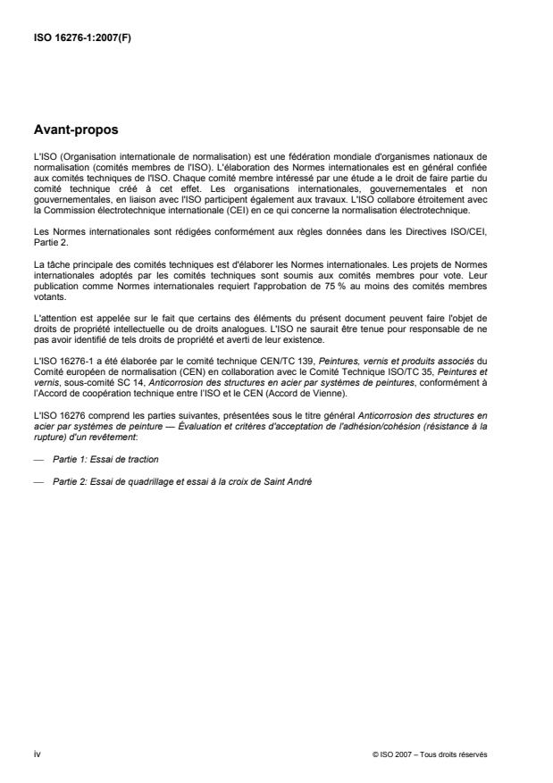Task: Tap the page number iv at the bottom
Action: coord(37,754)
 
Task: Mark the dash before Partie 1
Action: coord(37,459)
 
